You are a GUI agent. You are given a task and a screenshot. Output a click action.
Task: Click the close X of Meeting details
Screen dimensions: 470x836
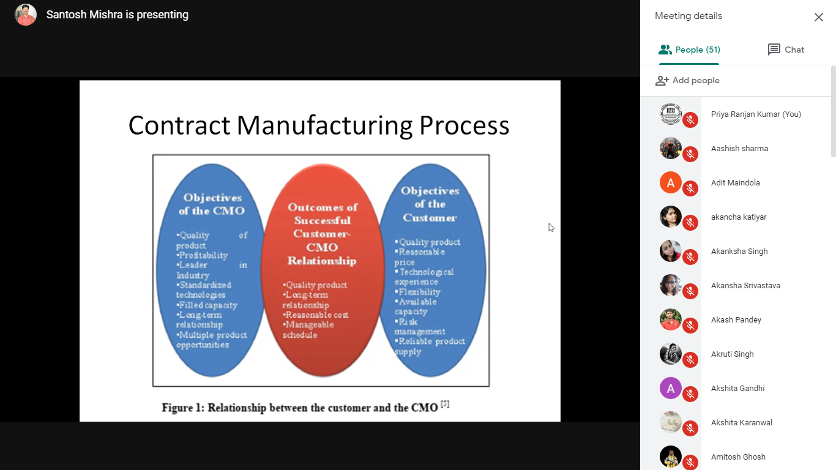(818, 17)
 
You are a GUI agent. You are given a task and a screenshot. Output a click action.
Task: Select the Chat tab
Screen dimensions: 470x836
(786, 50)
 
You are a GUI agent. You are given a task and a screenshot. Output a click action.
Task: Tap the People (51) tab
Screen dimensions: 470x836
(689, 50)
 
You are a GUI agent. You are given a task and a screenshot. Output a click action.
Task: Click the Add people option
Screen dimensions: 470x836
(687, 80)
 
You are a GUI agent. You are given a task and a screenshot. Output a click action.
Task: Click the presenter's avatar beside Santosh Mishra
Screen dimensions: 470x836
(26, 15)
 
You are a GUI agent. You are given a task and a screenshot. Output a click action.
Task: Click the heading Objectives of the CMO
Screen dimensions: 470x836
(212, 204)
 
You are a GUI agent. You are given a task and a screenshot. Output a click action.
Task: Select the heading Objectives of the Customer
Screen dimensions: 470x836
(430, 204)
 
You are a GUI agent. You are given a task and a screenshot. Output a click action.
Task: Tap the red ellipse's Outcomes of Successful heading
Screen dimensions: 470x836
(323, 214)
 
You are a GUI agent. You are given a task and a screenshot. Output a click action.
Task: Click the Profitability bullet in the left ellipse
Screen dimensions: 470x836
(203, 255)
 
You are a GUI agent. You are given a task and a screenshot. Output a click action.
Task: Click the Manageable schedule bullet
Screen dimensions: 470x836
(308, 330)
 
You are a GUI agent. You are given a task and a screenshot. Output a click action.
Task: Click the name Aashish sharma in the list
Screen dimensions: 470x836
(739, 149)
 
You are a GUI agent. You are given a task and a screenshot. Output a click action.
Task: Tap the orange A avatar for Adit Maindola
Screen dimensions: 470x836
(671, 182)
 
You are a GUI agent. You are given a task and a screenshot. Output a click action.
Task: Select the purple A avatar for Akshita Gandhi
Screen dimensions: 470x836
(671, 388)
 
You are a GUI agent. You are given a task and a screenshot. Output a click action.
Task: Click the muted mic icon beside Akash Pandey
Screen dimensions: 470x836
(690, 326)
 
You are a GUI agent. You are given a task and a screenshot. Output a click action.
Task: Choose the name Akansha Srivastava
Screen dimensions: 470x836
(745, 286)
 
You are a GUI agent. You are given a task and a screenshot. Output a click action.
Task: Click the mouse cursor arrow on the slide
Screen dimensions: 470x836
(551, 227)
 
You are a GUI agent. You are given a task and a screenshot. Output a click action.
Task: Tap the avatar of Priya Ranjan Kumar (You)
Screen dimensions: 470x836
(671, 114)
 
